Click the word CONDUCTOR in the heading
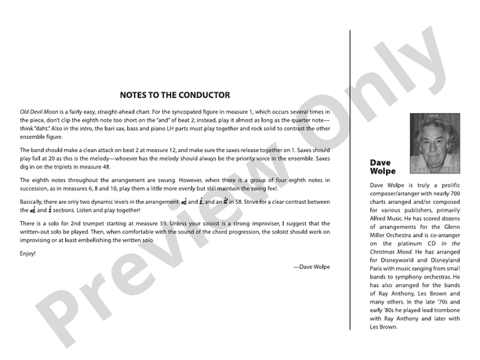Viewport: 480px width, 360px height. [x=201, y=95]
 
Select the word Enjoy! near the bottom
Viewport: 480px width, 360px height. [x=28, y=253]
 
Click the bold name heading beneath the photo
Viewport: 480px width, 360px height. [x=383, y=167]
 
